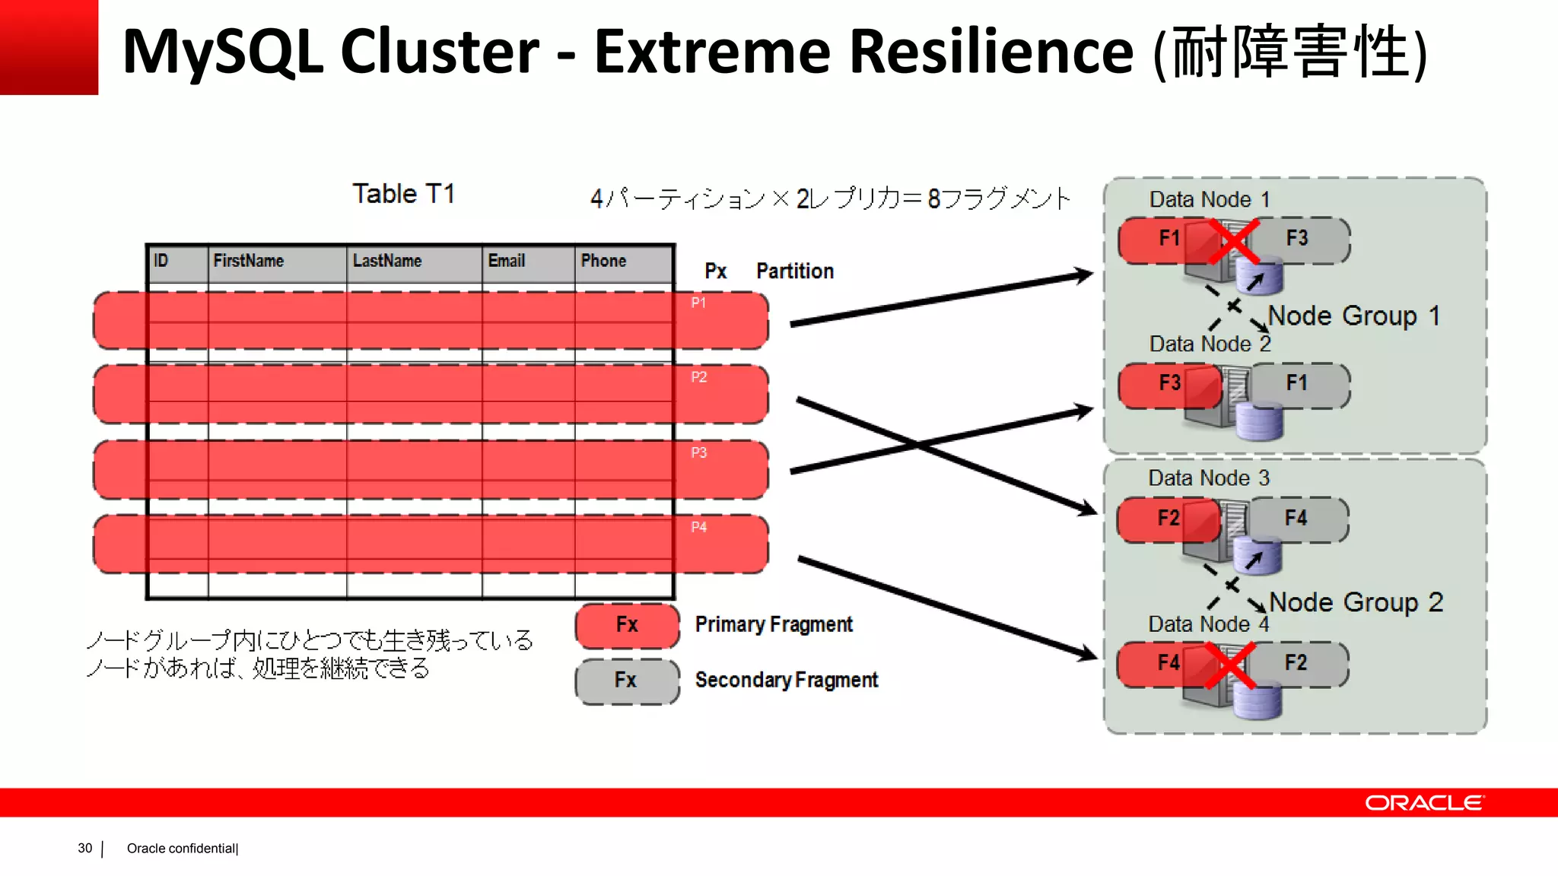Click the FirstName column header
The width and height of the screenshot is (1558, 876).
[248, 261]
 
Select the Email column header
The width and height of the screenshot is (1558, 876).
[506, 261]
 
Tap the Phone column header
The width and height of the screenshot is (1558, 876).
[603, 261]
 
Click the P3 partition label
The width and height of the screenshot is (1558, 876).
[698, 453]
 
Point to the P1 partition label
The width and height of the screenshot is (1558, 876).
[698, 303]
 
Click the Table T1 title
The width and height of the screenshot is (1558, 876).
[403, 194]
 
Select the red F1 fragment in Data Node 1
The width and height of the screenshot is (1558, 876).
[1164, 239]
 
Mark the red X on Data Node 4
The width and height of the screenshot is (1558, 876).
[1229, 666]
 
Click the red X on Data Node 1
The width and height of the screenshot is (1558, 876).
[1232, 242]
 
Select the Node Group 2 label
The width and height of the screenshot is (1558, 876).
[1356, 602]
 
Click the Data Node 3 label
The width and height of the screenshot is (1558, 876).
[1208, 478]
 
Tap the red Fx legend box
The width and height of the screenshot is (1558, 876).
[627, 625]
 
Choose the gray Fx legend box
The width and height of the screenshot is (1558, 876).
[627, 681]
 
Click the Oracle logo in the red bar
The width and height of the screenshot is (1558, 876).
[1423, 803]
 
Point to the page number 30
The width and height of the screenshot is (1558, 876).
[84, 848]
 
